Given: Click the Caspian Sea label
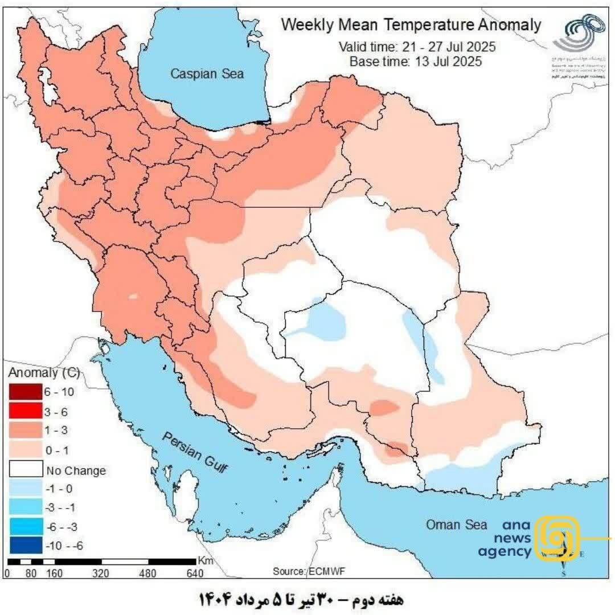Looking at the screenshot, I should [208, 73].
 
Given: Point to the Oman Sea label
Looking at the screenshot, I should [457, 524].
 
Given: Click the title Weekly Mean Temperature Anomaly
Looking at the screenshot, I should [411, 25].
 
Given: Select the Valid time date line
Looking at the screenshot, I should [416, 47].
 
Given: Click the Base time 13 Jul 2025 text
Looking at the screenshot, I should [416, 61].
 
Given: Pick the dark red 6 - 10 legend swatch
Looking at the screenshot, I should [25, 392].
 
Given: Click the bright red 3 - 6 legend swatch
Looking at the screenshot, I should [25, 411].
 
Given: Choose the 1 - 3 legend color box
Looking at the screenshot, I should [25, 430].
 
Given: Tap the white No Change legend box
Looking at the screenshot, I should [25, 470].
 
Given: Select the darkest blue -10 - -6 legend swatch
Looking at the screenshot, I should [25, 545].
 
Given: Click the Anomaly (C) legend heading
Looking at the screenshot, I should [43, 374].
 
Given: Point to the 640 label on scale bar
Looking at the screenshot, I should [195, 573].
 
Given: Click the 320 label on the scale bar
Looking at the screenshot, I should [100, 573].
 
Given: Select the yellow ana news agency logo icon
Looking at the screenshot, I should [559, 538].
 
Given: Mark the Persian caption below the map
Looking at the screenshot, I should [301, 600].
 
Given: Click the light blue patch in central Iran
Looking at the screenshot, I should [324, 322].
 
